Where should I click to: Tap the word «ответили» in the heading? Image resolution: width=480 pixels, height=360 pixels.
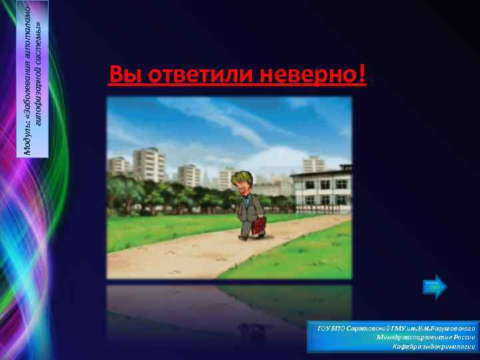click(x=191, y=75)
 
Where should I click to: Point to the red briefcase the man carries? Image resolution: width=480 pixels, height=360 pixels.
click(x=259, y=225)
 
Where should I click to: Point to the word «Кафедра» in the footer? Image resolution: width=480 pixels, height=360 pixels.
click(x=392, y=347)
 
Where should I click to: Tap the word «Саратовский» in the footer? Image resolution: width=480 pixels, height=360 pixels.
click(x=361, y=329)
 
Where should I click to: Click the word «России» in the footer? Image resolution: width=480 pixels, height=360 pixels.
click(x=461, y=338)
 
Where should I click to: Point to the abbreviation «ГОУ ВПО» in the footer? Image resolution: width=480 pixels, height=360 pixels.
click(x=330, y=329)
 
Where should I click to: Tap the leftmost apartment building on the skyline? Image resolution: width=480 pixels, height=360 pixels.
click(x=119, y=167)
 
